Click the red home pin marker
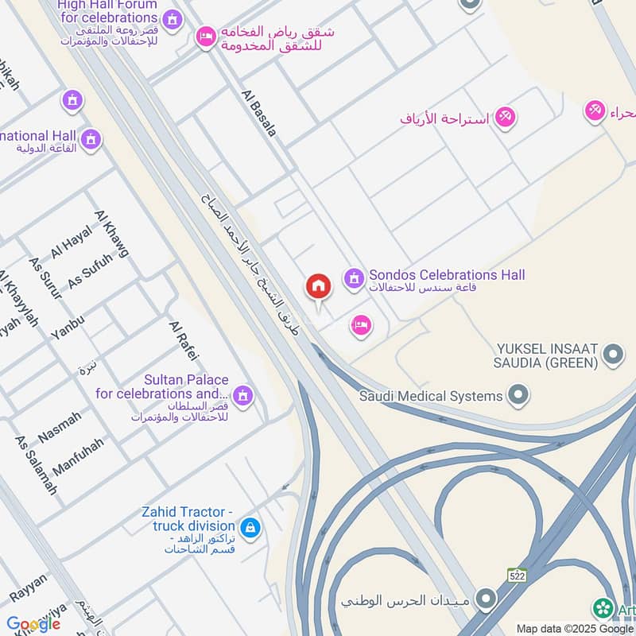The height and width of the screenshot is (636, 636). tap(318, 287)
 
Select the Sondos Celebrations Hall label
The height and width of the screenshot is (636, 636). tap(445, 276)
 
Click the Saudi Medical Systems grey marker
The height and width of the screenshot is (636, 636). tap(518, 394)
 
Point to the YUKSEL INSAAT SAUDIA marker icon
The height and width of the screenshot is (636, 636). tap(613, 355)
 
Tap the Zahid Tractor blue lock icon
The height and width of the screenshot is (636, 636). tap(250, 526)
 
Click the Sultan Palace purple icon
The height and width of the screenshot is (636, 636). tap(242, 394)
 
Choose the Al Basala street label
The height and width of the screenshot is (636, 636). tap(258, 113)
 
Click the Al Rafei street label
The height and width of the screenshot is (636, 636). tap(183, 340)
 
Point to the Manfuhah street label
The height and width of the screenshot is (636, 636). tap(78, 456)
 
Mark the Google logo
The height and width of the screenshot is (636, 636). tap(33, 623)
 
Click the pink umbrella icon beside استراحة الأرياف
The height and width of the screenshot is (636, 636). tap(504, 118)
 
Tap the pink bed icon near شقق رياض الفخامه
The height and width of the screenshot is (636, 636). tap(206, 37)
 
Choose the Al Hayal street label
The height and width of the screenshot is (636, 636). tap(72, 241)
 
